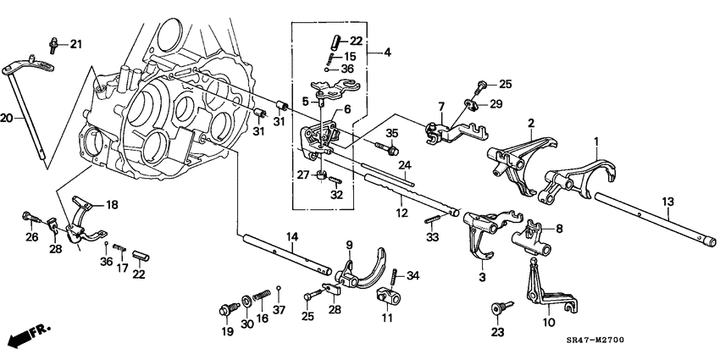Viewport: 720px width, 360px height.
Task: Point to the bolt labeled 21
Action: pos(53,42)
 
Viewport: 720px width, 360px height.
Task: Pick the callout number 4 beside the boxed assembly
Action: pos(387,53)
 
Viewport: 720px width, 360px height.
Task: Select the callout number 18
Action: pos(112,204)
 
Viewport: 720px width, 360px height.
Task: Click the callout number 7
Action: pos(440,107)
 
